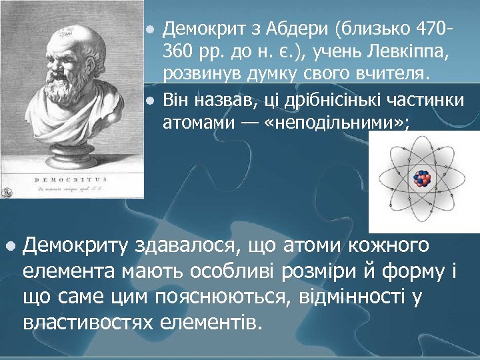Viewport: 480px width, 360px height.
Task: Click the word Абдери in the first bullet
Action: (298, 29)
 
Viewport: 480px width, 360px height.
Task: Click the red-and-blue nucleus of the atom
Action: (422, 178)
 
